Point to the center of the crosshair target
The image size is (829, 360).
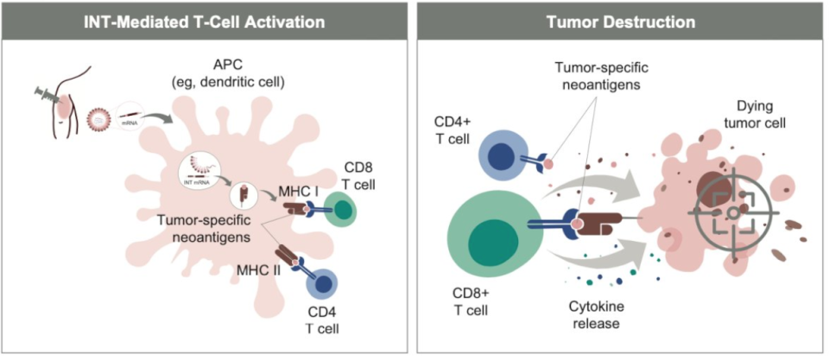(x=732, y=211)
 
